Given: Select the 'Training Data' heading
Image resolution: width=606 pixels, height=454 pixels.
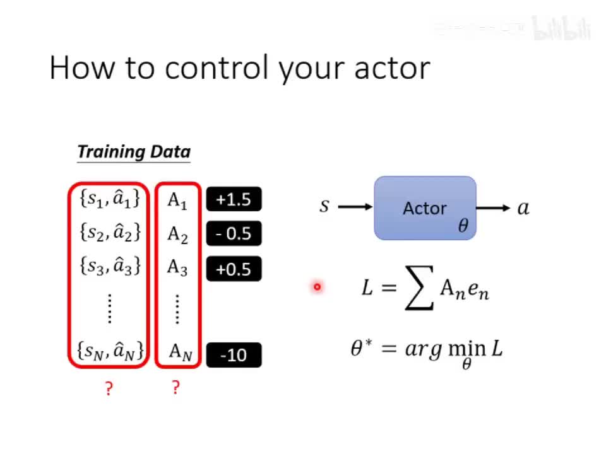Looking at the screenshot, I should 133,152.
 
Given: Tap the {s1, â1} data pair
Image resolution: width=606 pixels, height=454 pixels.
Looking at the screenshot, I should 110,199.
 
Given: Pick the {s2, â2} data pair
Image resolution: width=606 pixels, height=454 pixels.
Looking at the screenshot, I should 110,233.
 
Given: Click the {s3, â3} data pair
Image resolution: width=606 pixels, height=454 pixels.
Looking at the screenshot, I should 110,267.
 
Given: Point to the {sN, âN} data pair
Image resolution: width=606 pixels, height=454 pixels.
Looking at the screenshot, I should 110,350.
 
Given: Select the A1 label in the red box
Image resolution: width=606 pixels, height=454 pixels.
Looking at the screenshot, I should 177,201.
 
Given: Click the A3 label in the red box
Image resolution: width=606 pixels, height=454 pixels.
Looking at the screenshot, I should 177,268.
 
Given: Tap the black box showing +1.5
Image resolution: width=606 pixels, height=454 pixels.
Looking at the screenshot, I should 234,200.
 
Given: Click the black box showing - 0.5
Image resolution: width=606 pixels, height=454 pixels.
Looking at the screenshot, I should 234,234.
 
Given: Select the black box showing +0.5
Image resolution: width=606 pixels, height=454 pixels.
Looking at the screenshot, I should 234,269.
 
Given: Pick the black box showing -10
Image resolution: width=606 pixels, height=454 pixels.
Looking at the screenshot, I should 234,356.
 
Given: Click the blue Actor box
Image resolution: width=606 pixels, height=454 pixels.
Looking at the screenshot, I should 425,208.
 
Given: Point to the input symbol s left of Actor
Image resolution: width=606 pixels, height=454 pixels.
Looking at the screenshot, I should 324,206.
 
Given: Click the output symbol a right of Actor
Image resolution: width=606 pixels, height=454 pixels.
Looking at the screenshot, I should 523,207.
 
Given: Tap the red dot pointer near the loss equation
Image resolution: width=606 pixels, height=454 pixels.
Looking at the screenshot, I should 317,288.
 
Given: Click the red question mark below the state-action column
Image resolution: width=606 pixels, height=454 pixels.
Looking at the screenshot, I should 109,388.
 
